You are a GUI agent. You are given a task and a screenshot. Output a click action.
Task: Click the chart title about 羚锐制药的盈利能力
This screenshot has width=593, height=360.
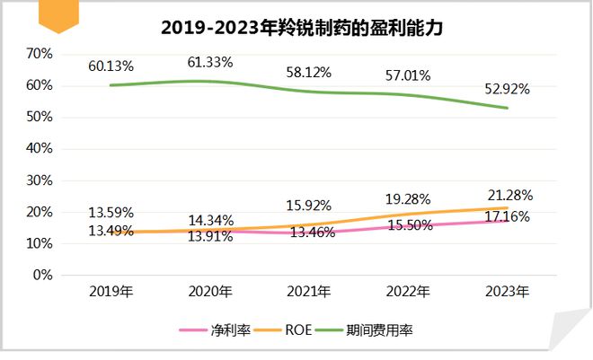tap(302, 27)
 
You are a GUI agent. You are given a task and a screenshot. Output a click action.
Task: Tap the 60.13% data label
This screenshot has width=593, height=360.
tap(111, 66)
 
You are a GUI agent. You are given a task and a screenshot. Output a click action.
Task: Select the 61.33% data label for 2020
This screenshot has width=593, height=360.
tap(210, 62)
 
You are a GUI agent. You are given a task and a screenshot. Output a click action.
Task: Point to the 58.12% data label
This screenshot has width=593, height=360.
tap(310, 70)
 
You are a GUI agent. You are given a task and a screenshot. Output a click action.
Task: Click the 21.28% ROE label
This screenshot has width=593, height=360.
tap(508, 195)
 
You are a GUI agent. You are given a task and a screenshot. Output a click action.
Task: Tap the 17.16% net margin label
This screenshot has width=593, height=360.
tap(508, 216)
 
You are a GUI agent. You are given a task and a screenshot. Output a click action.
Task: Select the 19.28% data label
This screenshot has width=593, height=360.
tap(408, 198)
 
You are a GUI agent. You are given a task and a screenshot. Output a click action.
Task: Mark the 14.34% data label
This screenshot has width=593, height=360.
tap(210, 219)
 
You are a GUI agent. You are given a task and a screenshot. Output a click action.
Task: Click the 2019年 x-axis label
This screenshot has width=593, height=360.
tap(111, 292)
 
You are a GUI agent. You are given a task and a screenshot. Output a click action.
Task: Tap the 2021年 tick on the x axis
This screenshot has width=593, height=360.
tap(310, 292)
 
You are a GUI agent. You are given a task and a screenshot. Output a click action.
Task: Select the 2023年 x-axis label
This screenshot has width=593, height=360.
tap(508, 292)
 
